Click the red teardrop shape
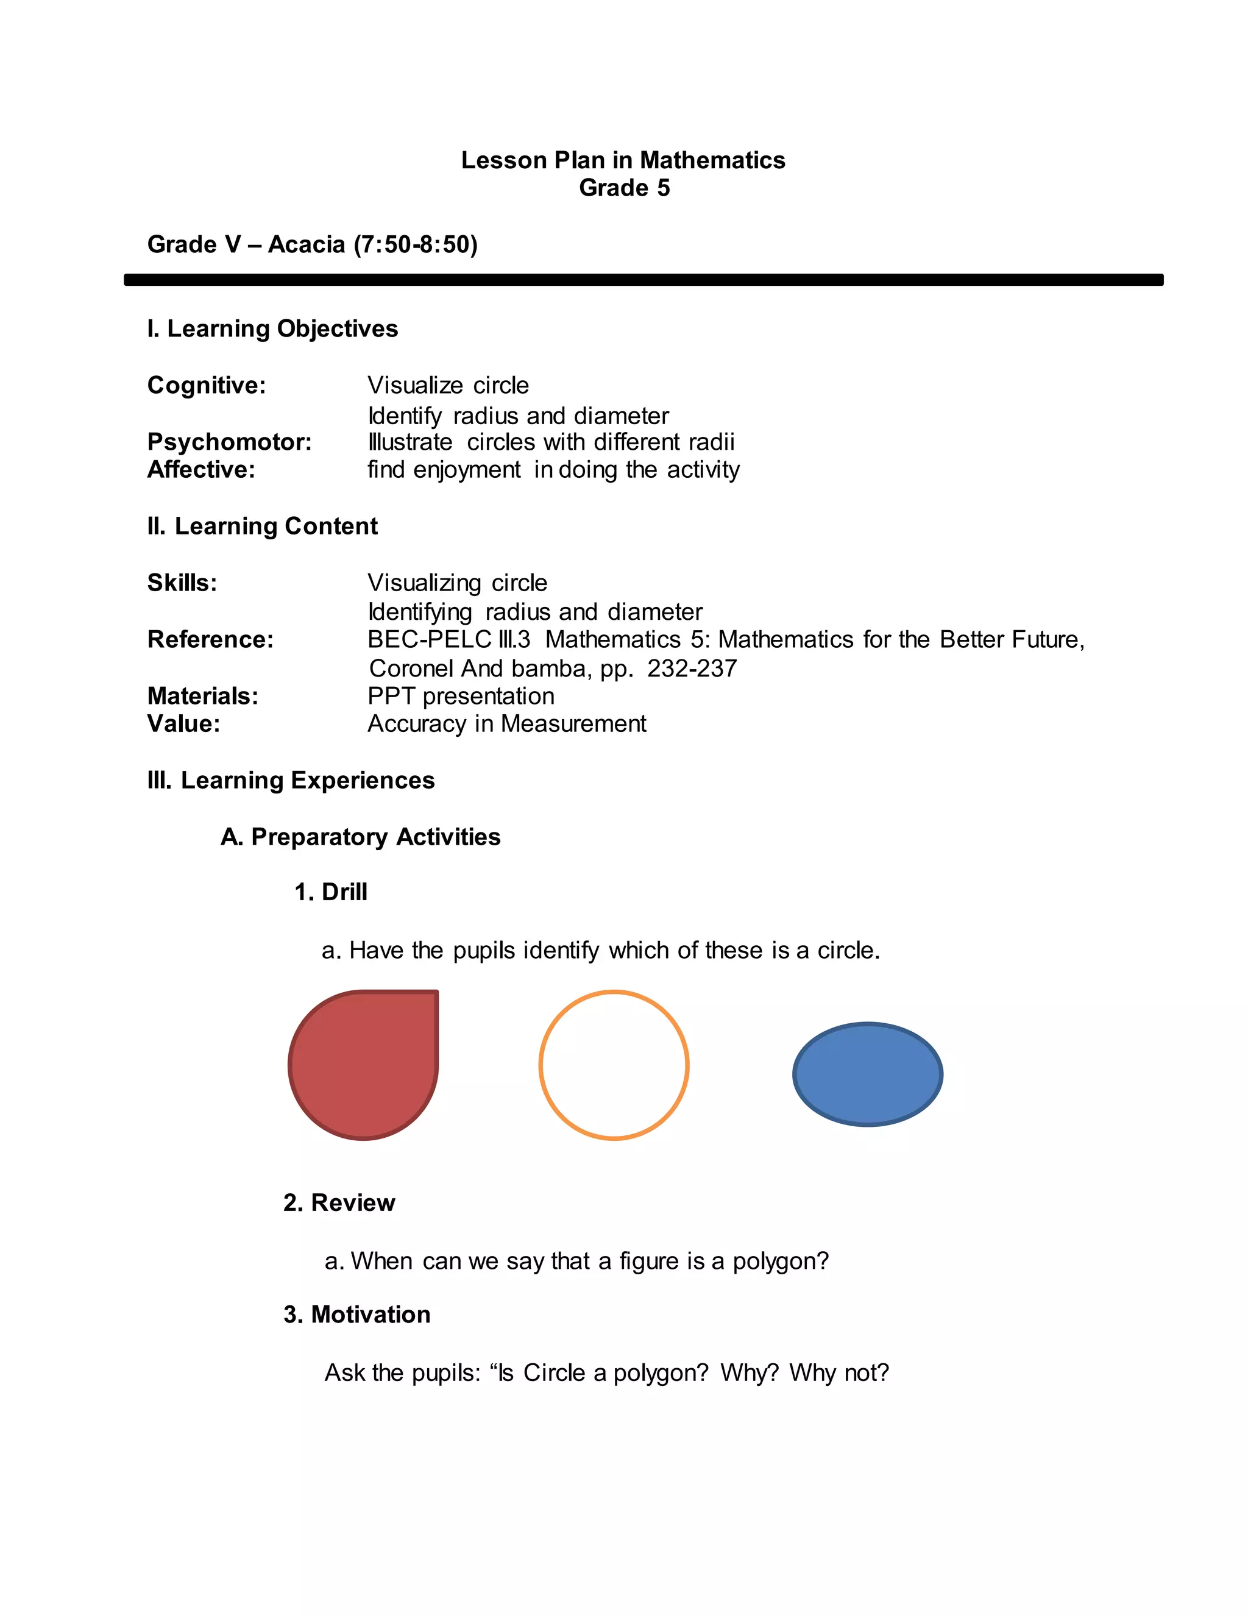pos(363,1065)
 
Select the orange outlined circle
pos(614,1065)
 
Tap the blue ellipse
pos(867,1074)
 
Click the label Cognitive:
pos(207,385)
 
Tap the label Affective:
pos(201,469)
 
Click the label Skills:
pos(182,583)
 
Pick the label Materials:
pos(202,696)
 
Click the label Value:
pos(183,723)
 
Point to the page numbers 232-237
pos(692,669)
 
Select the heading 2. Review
pos(339,1202)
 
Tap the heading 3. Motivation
pos(356,1314)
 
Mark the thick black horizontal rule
pos(643,280)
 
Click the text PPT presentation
pos(461,696)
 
